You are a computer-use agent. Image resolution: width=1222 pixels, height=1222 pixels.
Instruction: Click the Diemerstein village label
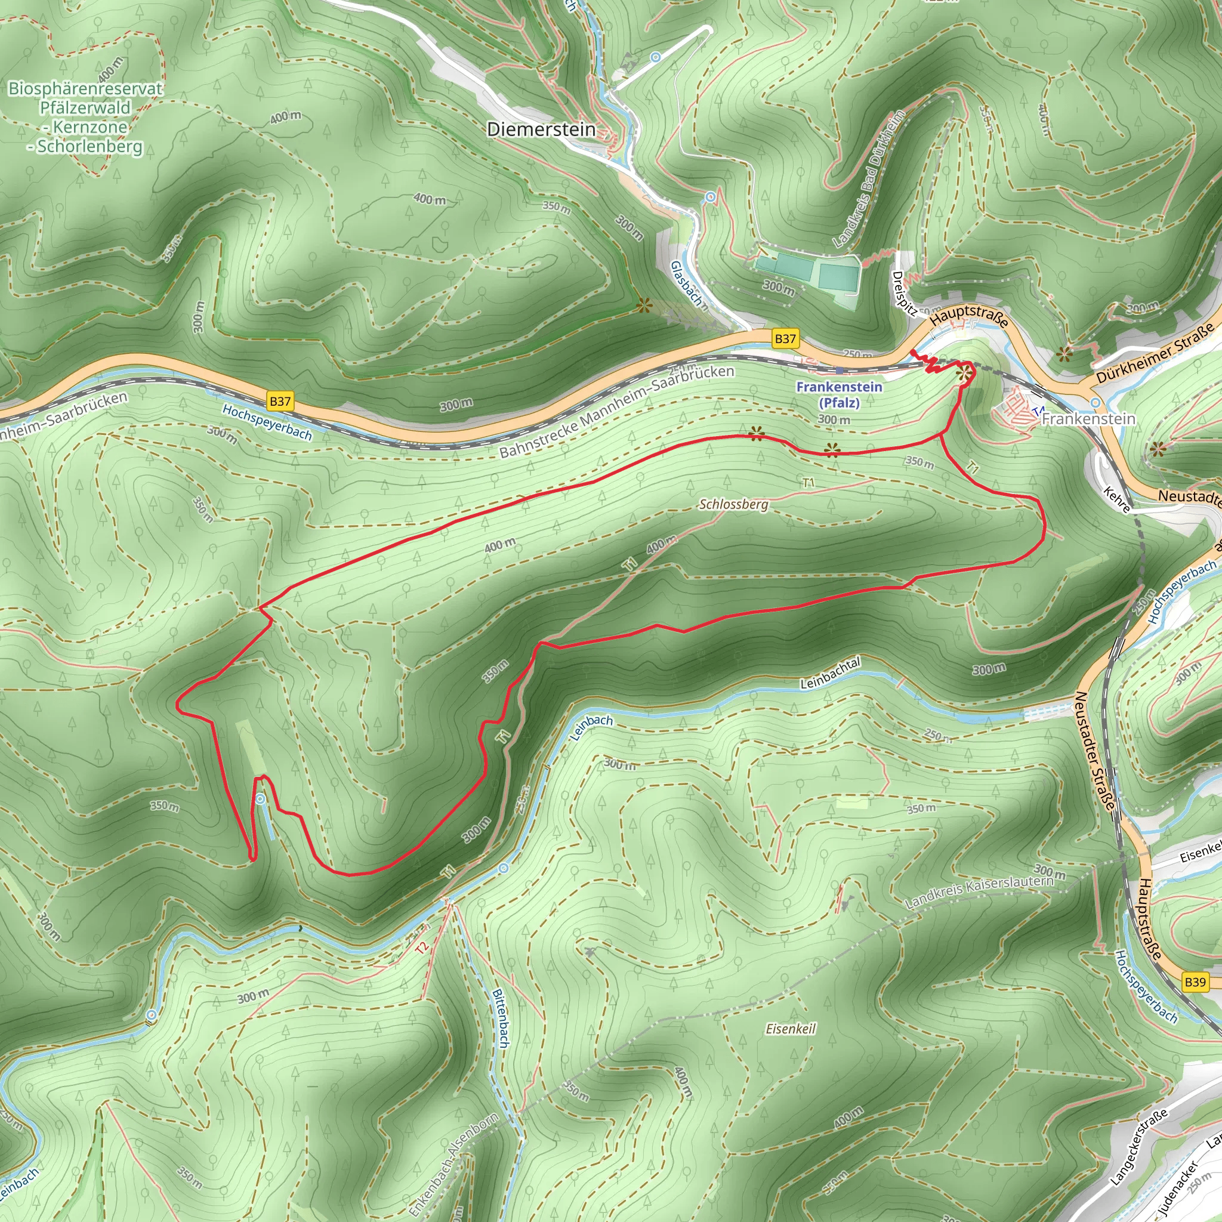click(541, 129)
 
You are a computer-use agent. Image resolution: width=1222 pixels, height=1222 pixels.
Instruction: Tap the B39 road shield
click(1195, 982)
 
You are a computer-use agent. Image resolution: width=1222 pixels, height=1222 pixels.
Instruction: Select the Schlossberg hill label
click(733, 504)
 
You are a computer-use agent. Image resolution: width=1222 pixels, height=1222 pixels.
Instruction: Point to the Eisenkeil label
click(791, 1029)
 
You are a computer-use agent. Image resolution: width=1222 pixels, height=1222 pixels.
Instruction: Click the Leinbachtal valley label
click(830, 673)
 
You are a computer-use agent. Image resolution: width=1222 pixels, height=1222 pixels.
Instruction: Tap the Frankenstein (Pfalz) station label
click(839, 394)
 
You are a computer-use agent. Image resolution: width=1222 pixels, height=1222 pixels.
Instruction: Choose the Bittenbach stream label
click(499, 1019)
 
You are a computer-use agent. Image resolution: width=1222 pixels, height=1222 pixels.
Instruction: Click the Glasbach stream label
click(686, 284)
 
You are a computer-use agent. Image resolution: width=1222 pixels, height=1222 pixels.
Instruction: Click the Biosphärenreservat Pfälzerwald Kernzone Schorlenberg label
click(85, 118)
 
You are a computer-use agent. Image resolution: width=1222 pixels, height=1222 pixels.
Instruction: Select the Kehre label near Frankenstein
click(1117, 499)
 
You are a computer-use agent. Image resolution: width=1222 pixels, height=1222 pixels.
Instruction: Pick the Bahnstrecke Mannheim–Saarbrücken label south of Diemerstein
click(617, 412)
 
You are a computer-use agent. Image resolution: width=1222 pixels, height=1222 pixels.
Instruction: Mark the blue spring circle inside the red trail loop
click(260, 800)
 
